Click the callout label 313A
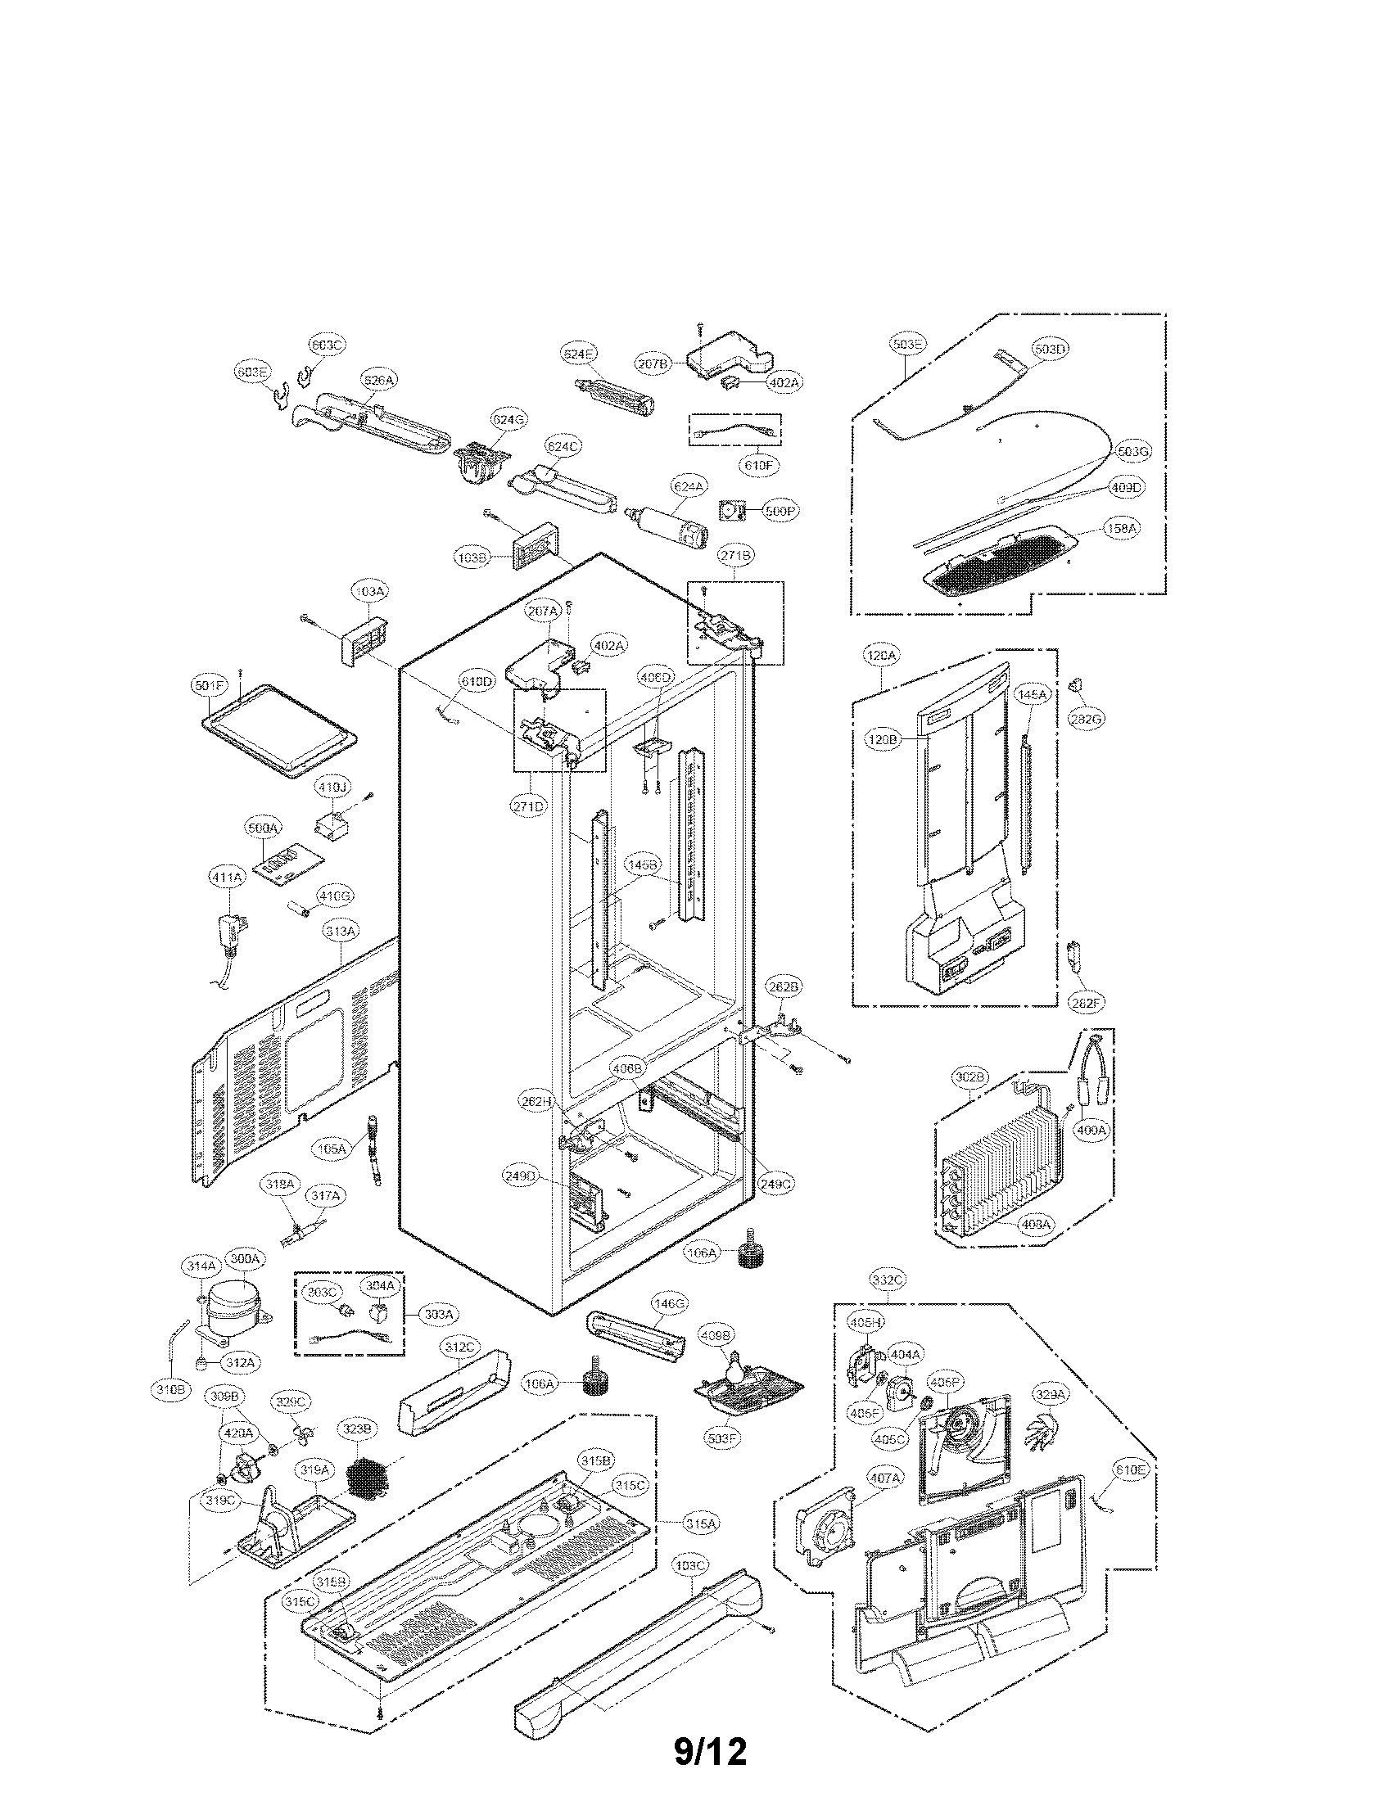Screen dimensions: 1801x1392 [341, 931]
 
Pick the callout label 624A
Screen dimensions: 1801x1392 [689, 487]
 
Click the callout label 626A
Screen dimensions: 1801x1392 [379, 380]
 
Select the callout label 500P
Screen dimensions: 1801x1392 [780, 511]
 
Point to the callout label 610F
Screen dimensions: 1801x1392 [757, 465]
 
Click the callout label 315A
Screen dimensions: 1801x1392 [700, 1525]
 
